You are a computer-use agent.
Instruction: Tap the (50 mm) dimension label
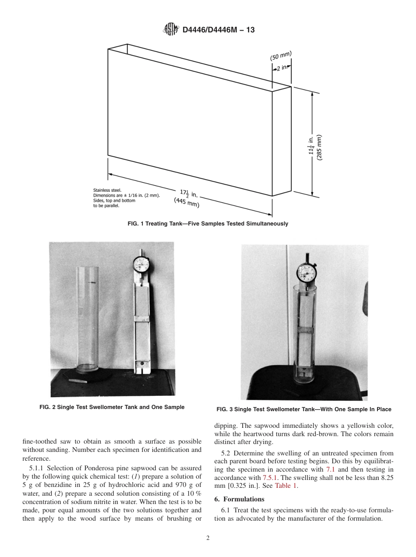281,56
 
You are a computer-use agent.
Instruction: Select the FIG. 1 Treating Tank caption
208,224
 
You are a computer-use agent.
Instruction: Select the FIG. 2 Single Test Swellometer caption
112,407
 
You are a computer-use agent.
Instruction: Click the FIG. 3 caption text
303,409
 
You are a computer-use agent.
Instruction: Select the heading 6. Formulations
239,499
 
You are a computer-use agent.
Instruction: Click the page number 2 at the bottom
208,538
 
